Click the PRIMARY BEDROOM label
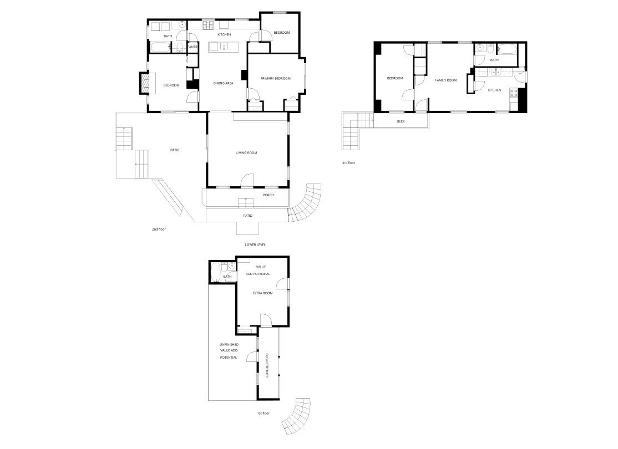click(275, 79)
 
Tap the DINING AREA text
click(223, 84)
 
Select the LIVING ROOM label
click(247, 153)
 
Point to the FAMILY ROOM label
click(445, 80)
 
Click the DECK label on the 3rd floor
click(401, 121)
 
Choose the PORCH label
click(269, 195)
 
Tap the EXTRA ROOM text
click(262, 293)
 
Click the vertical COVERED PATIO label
click(267, 366)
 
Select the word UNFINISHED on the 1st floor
click(229, 345)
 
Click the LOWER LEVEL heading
click(255, 244)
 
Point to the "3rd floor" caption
click(348, 163)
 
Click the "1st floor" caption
click(262, 414)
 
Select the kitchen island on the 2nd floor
click(224, 47)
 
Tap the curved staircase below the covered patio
click(297, 415)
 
